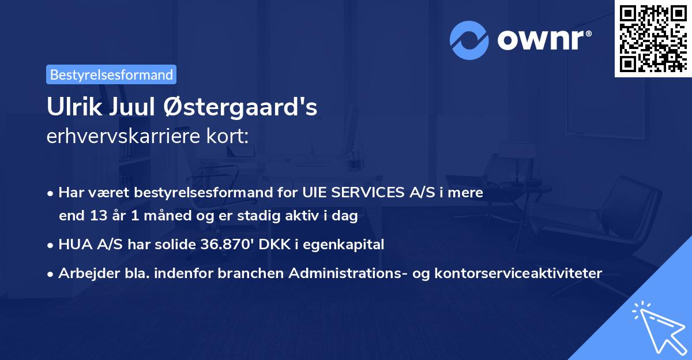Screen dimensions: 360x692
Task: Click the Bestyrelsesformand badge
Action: point(111,74)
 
